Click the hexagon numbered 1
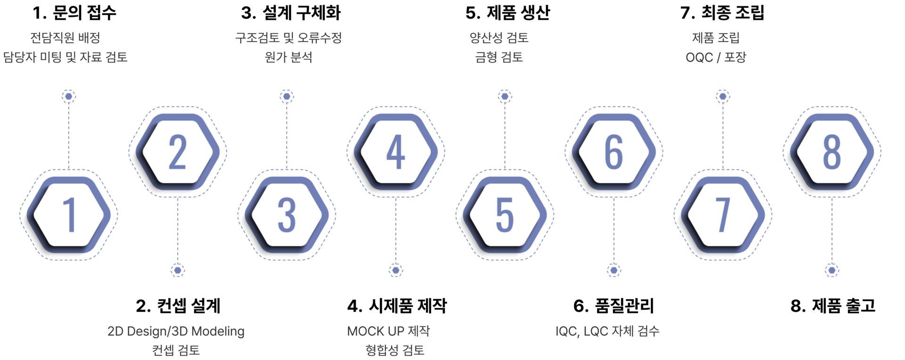69,215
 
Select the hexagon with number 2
177,151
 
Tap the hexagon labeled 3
287,215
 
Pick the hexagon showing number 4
396,151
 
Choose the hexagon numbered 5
505,215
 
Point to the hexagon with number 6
614,151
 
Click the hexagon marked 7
722,215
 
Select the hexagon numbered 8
831,151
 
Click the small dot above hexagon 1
69,97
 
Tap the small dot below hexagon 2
178,270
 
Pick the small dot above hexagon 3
287,97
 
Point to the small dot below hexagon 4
396,270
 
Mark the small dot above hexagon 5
505,97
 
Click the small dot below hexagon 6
614,270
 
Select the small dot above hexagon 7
722,97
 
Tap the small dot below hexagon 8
831,270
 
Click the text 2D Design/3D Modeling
176,331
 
